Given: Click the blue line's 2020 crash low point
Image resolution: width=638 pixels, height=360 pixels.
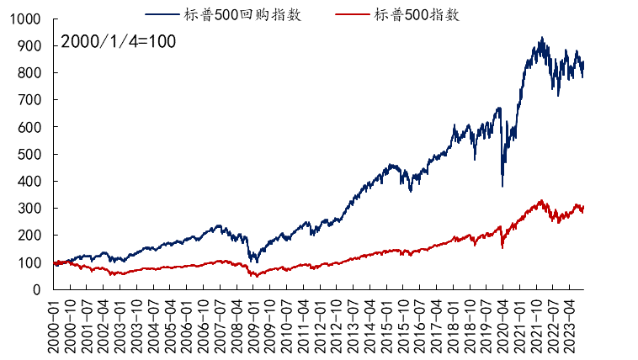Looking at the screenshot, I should click(502, 186).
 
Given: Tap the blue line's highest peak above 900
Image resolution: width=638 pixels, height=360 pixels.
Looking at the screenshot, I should click(542, 38).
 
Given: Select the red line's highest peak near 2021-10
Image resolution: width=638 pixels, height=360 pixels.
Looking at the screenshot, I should click(541, 200).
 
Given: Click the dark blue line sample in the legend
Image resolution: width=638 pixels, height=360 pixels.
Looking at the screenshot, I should click(162, 14).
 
